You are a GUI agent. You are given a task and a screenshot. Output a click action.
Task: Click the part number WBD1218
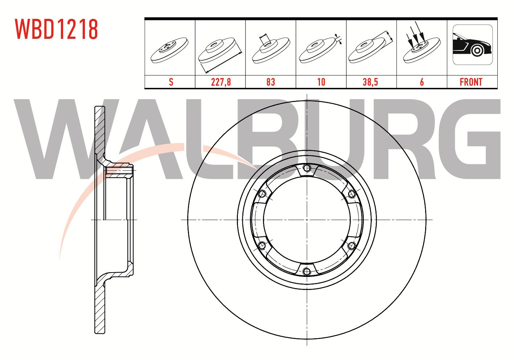(x=56, y=29)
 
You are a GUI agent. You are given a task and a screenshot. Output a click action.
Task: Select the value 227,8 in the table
(x=221, y=82)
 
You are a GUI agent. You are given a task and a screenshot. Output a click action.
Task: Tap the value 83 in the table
(x=271, y=82)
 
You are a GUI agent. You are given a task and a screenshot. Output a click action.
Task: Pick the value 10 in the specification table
(x=321, y=82)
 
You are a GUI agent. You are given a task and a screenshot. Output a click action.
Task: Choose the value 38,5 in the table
(x=370, y=82)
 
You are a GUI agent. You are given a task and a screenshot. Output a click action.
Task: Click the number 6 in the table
(x=422, y=82)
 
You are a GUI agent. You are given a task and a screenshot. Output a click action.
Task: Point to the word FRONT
(x=471, y=82)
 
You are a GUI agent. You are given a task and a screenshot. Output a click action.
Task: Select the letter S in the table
(x=171, y=82)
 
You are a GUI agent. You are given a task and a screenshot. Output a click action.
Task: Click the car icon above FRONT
(x=473, y=45)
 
